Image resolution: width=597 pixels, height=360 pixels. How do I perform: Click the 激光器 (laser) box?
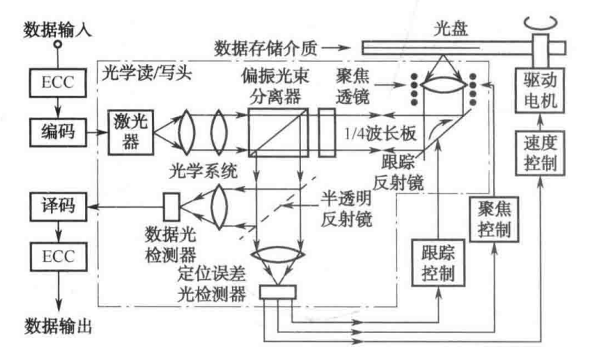pyautogui.click(x=131, y=132)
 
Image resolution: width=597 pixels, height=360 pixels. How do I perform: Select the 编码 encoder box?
pyautogui.click(x=58, y=132)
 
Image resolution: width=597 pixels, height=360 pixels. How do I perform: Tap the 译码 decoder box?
pyautogui.click(x=58, y=207)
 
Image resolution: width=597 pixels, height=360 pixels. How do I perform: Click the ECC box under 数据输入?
pyautogui.click(x=58, y=83)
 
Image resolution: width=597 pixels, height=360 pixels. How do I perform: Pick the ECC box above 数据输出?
pyautogui.click(x=58, y=257)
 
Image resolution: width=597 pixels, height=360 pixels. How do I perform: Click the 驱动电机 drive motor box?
pyautogui.click(x=540, y=91)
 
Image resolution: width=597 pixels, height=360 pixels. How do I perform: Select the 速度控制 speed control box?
pyautogui.click(x=540, y=153)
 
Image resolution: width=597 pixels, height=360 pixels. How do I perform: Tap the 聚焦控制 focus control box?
pyautogui.click(x=494, y=219)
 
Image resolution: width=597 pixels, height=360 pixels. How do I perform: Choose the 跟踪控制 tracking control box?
pyautogui.click(x=438, y=263)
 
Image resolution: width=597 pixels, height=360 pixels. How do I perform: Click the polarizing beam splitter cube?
pyautogui.click(x=279, y=132)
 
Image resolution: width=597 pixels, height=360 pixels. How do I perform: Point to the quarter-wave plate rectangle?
pyautogui.click(x=327, y=132)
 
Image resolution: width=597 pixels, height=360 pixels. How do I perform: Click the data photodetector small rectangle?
pyautogui.click(x=172, y=207)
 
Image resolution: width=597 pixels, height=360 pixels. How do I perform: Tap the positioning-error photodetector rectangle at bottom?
pyautogui.click(x=278, y=292)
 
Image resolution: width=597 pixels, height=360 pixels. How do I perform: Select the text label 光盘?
pyautogui.click(x=450, y=28)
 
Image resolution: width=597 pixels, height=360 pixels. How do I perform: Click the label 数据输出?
pyautogui.click(x=58, y=327)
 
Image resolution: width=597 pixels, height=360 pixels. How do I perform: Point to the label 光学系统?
pyautogui.click(x=204, y=170)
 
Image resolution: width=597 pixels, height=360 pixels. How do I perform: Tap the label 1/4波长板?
pyautogui.click(x=380, y=134)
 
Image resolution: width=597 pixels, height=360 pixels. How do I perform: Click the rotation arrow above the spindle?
pyautogui.click(x=541, y=22)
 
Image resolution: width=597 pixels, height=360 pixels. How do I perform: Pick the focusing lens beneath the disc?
pyautogui.click(x=443, y=84)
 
